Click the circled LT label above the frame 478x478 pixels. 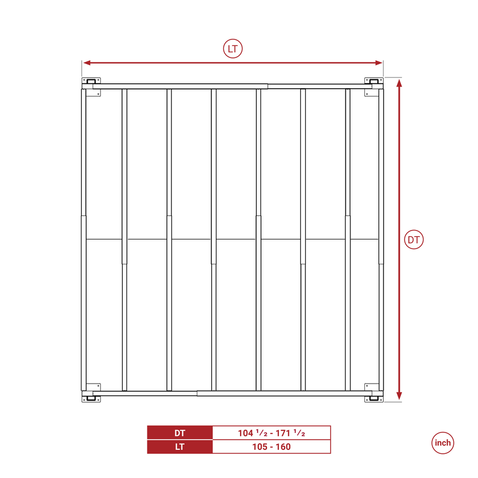[x=233, y=49]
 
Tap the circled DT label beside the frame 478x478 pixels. [x=414, y=240]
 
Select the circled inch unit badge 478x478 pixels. [x=443, y=443]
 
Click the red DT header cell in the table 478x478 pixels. [x=179, y=433]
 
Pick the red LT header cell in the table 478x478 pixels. [x=179, y=447]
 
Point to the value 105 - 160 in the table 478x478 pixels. [x=271, y=447]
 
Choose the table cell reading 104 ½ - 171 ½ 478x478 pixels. [x=271, y=433]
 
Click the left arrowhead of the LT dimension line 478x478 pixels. [x=87, y=63]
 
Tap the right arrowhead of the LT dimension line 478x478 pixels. [x=378, y=63]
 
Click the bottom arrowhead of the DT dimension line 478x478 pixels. [x=399, y=396]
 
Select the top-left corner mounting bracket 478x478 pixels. [x=91, y=87]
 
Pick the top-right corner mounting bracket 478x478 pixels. [x=374, y=87]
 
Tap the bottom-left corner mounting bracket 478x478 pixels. [x=91, y=393]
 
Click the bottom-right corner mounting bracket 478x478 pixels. [x=374, y=393]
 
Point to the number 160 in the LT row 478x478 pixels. [x=283, y=447]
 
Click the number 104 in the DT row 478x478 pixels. [x=246, y=433]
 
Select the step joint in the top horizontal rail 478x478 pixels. [x=268, y=86]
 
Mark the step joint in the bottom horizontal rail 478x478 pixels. [x=197, y=394]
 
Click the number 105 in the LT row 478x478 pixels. [x=260, y=447]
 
